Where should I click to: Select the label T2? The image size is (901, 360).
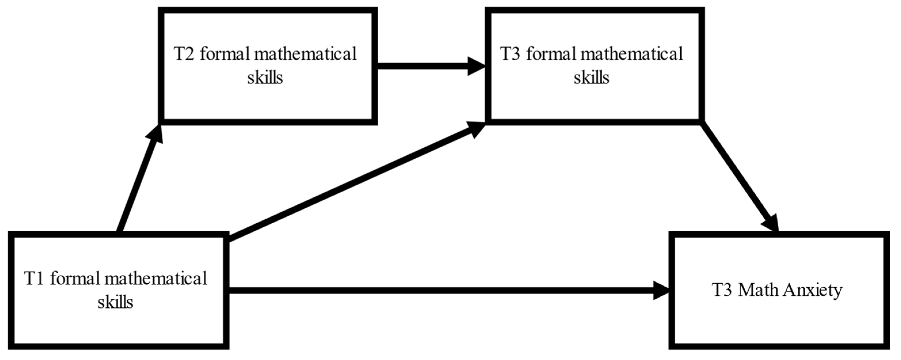coord(184,54)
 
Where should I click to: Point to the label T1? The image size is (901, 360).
coord(34,279)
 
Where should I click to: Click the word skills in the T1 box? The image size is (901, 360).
coord(115,302)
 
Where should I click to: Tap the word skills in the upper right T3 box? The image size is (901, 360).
coord(591,77)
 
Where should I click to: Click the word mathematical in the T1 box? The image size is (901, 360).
coord(156,279)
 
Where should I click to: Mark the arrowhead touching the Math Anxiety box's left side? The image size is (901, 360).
coord(661,291)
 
